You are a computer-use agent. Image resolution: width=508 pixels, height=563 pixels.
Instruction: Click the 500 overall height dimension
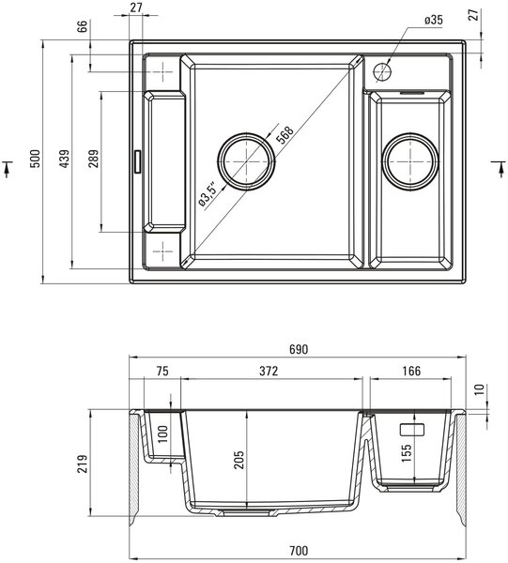[x=36, y=159]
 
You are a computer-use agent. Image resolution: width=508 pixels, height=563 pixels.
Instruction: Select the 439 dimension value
[x=65, y=159]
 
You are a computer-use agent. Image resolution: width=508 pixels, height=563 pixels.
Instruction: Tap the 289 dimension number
[x=94, y=159]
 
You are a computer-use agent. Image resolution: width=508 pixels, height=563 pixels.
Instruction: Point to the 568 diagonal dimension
[x=286, y=134]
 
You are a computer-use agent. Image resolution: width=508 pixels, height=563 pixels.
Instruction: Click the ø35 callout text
[x=434, y=20]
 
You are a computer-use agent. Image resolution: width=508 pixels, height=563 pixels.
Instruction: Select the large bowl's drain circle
[x=246, y=161]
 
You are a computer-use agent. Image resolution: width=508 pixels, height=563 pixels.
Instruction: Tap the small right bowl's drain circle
[x=410, y=161]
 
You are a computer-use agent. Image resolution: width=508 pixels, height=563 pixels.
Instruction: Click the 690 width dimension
[x=299, y=349]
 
